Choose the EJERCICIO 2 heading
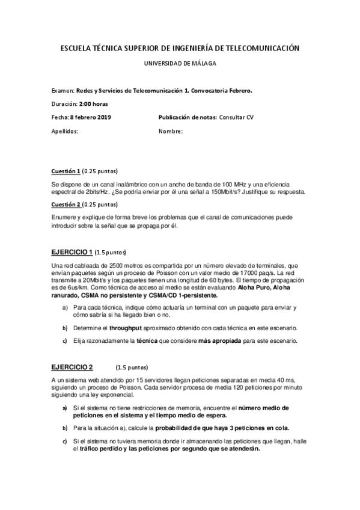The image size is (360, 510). (x=72, y=367)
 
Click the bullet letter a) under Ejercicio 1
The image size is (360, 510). (x=65, y=308)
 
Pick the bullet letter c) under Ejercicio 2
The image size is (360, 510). (x=65, y=441)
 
